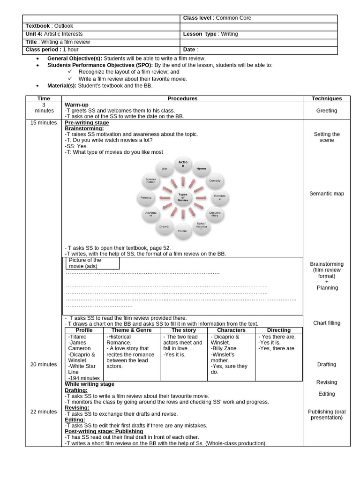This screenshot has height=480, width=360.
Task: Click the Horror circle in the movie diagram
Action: [201, 168]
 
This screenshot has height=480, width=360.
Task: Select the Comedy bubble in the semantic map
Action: [215, 180]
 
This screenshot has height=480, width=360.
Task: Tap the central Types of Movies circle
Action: [183, 197]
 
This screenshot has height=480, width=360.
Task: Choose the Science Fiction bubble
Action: [151, 180]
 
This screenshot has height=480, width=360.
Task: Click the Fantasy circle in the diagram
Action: [146, 198]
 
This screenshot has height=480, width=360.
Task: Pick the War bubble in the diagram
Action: [165, 168]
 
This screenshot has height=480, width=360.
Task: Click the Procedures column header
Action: [182, 98]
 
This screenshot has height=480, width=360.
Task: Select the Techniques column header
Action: [326, 98]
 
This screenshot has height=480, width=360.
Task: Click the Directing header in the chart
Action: [278, 330]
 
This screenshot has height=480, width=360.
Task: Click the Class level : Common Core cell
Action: [217, 18]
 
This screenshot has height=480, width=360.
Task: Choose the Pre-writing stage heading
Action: [87, 123]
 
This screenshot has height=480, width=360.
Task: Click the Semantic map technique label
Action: [326, 194]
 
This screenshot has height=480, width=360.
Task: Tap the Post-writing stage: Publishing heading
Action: [104, 431]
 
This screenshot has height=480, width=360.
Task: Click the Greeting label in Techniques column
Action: [326, 111]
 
